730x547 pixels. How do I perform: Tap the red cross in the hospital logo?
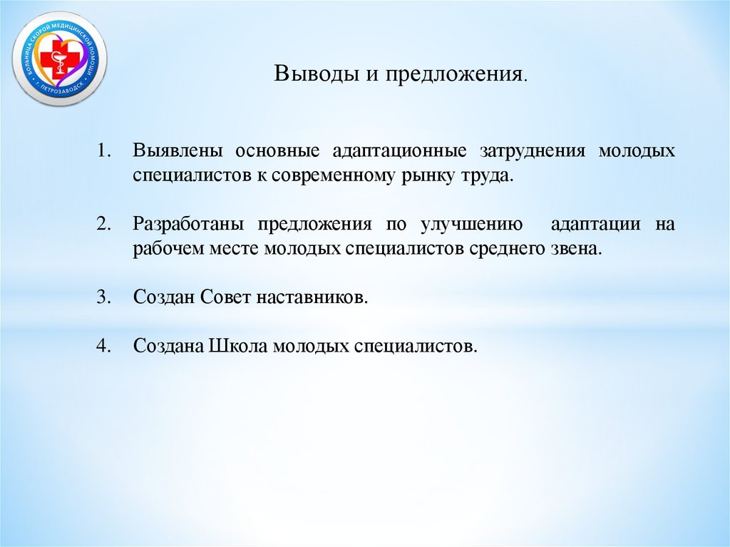click(x=51, y=59)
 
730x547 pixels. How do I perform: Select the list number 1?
click(x=105, y=152)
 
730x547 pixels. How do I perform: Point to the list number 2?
click(x=105, y=224)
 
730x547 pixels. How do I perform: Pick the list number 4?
click(x=105, y=346)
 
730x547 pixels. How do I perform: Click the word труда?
click(x=490, y=176)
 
